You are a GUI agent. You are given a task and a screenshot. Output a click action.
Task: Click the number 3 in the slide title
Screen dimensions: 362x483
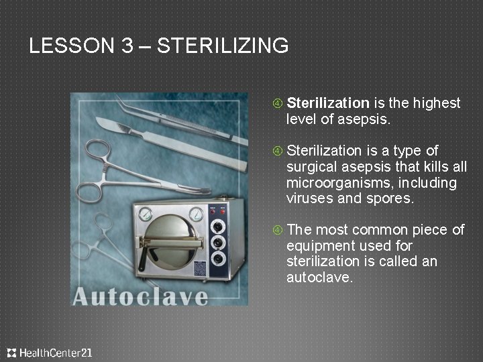[x=128, y=46]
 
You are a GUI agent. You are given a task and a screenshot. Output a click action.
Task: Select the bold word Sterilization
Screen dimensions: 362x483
[x=328, y=103]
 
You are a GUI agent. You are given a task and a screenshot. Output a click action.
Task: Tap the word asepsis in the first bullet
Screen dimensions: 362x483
[x=366, y=120]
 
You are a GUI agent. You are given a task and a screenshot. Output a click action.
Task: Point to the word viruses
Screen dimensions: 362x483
[x=307, y=198]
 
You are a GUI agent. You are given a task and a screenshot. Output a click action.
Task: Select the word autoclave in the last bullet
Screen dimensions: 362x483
[x=319, y=277]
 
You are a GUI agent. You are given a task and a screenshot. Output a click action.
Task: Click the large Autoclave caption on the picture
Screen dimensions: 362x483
[x=140, y=296]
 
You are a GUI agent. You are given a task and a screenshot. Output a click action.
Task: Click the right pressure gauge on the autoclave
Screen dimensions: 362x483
[x=196, y=214]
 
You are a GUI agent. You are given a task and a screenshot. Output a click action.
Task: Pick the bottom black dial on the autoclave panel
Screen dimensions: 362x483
[x=218, y=257]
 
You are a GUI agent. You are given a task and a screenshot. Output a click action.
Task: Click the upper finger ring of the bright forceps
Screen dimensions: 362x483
[x=93, y=149]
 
